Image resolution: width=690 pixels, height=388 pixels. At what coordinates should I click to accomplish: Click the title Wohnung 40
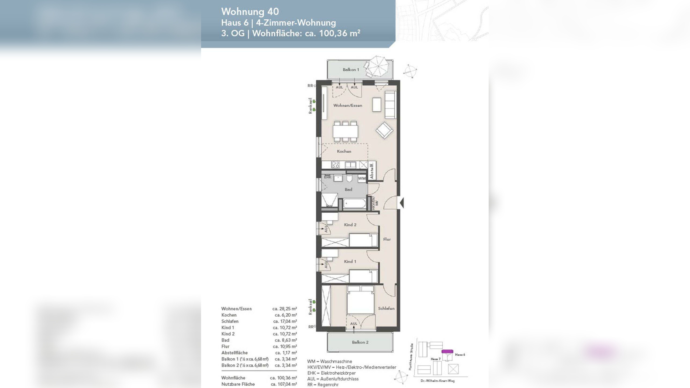click(x=250, y=12)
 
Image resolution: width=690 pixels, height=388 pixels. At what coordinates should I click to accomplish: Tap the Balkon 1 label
click(x=351, y=70)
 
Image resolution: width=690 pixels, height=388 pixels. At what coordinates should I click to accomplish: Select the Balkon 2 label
click(x=360, y=342)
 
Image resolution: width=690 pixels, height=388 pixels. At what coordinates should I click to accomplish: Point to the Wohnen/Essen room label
click(x=347, y=105)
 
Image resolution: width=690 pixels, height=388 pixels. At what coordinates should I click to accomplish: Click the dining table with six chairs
click(x=345, y=131)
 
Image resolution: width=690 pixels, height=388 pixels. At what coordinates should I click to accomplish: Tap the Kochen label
click(x=344, y=151)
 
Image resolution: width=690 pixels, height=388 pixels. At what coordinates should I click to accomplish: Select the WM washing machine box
click(x=362, y=178)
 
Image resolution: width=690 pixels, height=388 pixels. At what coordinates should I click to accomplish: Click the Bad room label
click(x=348, y=189)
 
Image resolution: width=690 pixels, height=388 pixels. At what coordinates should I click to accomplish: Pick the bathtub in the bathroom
click(x=354, y=204)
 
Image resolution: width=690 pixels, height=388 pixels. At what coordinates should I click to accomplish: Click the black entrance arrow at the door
click(x=401, y=203)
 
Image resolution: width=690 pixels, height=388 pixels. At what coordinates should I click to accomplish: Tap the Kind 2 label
click(x=350, y=225)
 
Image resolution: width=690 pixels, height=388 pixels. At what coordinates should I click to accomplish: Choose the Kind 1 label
click(x=350, y=261)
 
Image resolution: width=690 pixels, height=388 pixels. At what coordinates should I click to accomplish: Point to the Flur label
click(x=387, y=239)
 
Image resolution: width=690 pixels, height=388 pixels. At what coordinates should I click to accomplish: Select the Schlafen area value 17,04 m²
click(x=285, y=321)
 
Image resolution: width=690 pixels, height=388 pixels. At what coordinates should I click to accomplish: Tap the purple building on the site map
click(x=447, y=351)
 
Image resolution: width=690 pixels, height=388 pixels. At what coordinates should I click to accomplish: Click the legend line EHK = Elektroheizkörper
click(x=331, y=373)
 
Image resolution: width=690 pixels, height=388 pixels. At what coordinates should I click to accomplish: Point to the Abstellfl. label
click(x=372, y=171)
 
